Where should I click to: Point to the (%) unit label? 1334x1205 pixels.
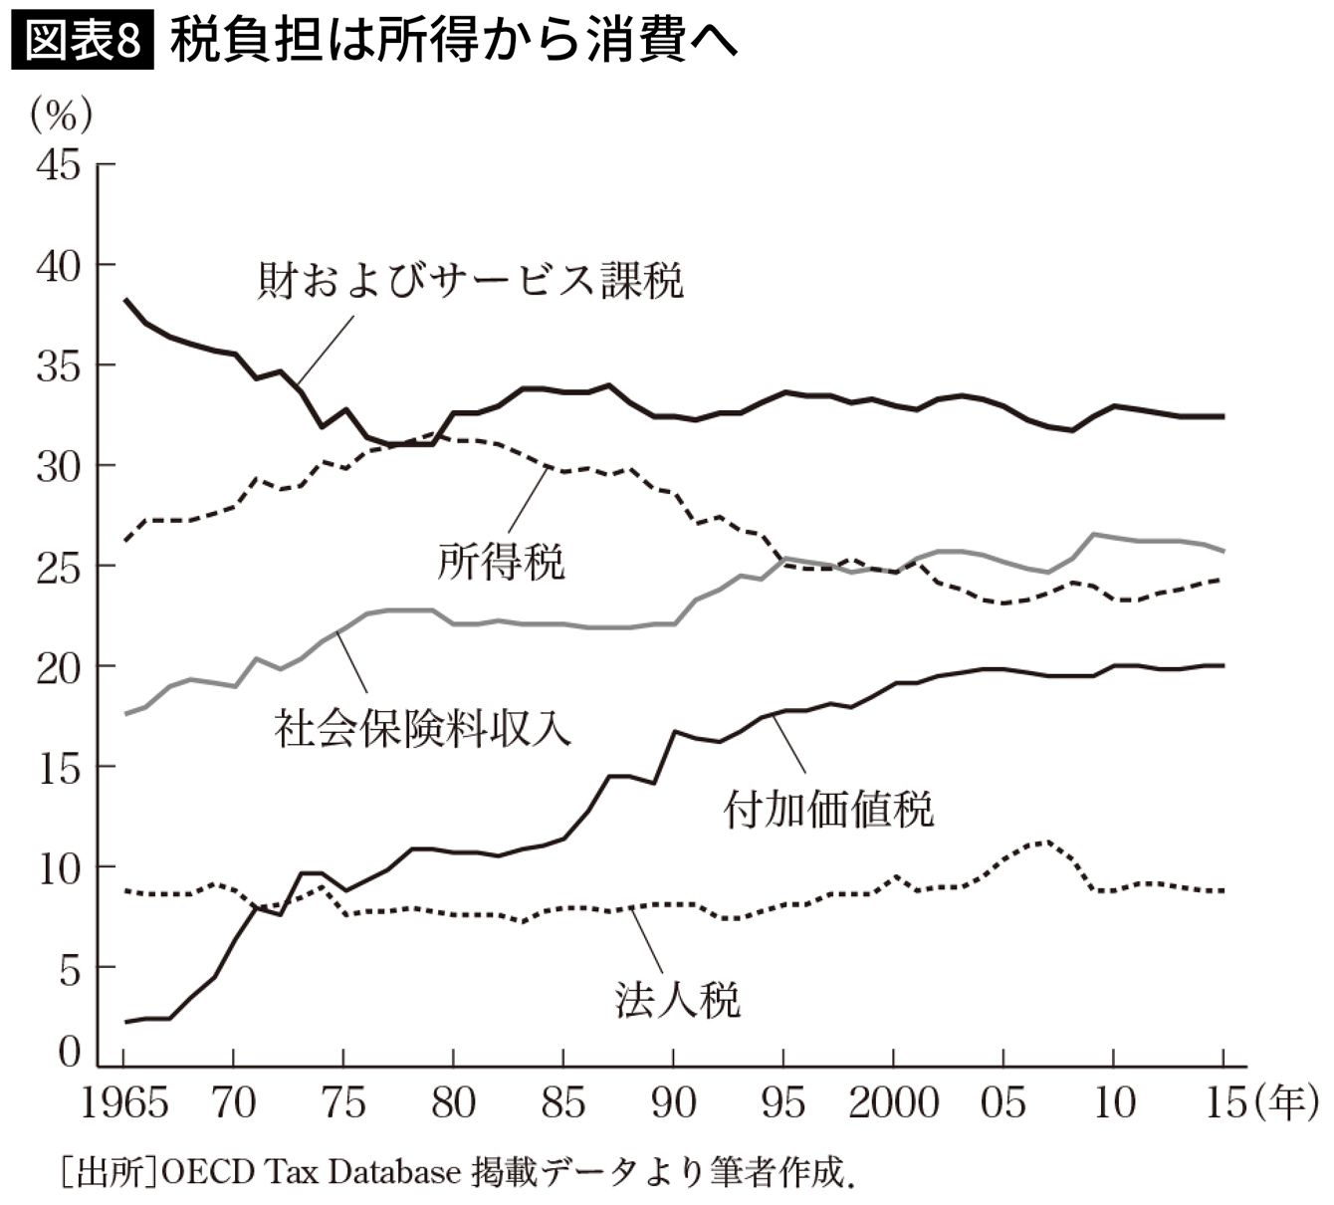coord(62,116)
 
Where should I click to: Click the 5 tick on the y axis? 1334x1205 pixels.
coord(69,968)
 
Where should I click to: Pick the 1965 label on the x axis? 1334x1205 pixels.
coord(124,1102)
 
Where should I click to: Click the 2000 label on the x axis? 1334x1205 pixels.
coord(893,1102)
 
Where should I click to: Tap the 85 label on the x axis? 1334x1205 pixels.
coord(563,1102)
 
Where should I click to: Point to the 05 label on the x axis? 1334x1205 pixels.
coord(1002,1102)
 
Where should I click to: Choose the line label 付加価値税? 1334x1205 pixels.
coord(828,809)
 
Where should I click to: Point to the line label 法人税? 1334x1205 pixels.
coord(677,999)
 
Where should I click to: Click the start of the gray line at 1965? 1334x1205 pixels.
coord(125,713)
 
